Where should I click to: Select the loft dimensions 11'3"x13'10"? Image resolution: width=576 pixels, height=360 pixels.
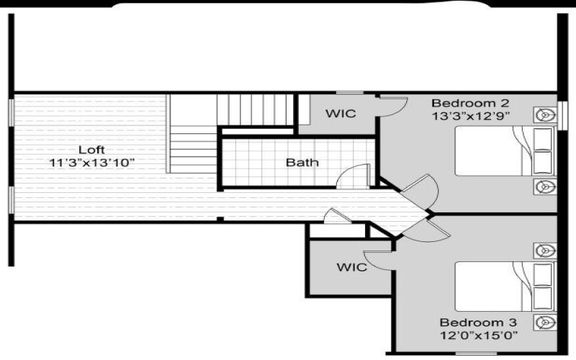91,163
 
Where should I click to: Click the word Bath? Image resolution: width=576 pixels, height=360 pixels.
302,163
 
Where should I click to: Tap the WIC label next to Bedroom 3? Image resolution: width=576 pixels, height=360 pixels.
351,267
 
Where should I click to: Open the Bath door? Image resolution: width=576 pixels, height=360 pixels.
355,176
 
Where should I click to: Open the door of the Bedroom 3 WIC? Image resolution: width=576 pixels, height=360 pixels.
378,258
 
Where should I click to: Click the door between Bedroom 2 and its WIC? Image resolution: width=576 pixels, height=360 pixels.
392,107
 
